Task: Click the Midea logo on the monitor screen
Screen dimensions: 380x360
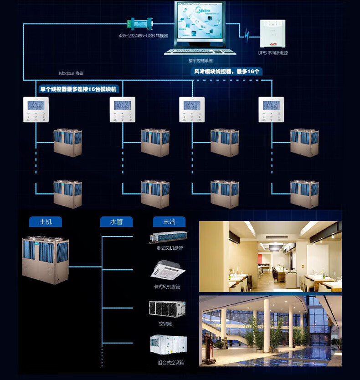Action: click(202, 10)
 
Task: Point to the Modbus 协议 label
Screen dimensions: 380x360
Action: click(72, 73)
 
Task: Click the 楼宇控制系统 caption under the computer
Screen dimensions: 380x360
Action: click(201, 60)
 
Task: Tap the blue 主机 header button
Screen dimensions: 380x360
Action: click(46, 222)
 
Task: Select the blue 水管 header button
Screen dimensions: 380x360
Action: click(117, 222)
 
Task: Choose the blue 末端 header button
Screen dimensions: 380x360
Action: click(169, 222)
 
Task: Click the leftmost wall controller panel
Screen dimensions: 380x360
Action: click(36, 109)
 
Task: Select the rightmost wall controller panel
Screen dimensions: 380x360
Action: click(271, 109)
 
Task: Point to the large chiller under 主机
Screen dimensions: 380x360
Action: click(46, 260)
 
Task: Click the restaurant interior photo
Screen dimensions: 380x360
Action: click(270, 257)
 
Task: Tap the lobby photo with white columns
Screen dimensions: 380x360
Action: click(270, 330)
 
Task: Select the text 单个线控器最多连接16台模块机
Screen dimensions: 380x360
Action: click(79, 89)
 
